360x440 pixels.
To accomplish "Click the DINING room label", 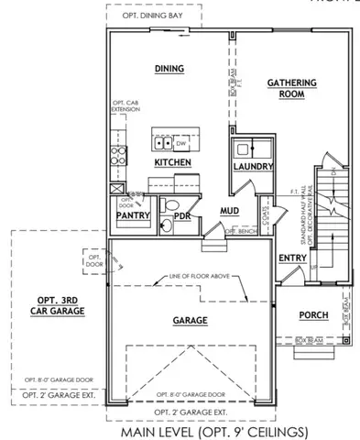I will pos(169,69).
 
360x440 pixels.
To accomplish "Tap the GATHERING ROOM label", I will pos(291,88).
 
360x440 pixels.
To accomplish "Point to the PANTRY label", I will pos(134,215).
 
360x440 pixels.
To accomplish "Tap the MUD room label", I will pos(229,210).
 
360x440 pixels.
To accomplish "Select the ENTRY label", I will pos(291,258).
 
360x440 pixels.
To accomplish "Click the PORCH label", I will pos(313,316).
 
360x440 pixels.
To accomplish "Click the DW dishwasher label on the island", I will pos(180,143).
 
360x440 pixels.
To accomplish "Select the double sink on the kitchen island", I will pos(162,143).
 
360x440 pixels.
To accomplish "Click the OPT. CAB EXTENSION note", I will pos(125,107).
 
